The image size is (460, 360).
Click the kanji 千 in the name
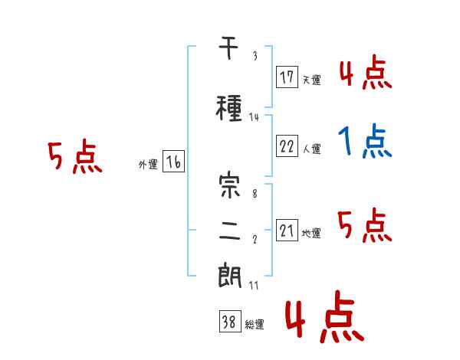click(x=228, y=48)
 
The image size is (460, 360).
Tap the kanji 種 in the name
click(x=228, y=108)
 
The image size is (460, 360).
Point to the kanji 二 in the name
click(x=229, y=231)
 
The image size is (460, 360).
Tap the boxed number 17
click(x=287, y=77)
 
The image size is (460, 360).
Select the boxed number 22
click(x=287, y=146)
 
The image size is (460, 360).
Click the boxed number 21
click(x=287, y=230)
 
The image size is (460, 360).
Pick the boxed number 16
click(x=173, y=162)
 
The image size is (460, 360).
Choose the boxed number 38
click(x=230, y=321)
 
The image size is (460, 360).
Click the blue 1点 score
click(x=365, y=141)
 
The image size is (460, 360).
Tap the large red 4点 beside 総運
click(x=324, y=317)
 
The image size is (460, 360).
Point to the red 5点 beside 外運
click(x=75, y=156)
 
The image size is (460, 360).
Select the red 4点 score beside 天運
click(x=366, y=72)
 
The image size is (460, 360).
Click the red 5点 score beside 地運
click(x=365, y=225)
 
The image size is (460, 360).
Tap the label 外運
click(x=148, y=165)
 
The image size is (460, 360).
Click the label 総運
click(x=255, y=325)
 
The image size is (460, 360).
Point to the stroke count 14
click(x=254, y=117)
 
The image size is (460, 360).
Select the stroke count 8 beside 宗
click(x=255, y=194)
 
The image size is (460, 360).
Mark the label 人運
click(x=311, y=149)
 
